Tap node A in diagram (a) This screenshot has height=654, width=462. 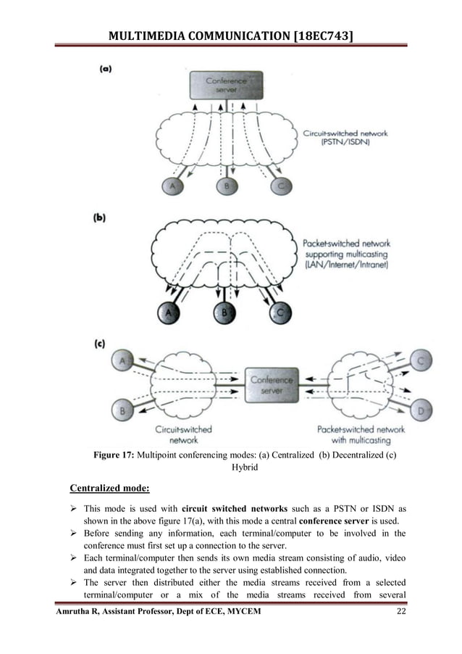pos(172,186)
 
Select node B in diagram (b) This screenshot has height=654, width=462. pos(223,312)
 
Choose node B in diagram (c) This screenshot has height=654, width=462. pos(122,411)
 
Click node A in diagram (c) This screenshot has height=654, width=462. pos(122,360)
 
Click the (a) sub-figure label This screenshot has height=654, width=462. pos(106,70)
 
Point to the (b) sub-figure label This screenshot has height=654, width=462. pos(106,217)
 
